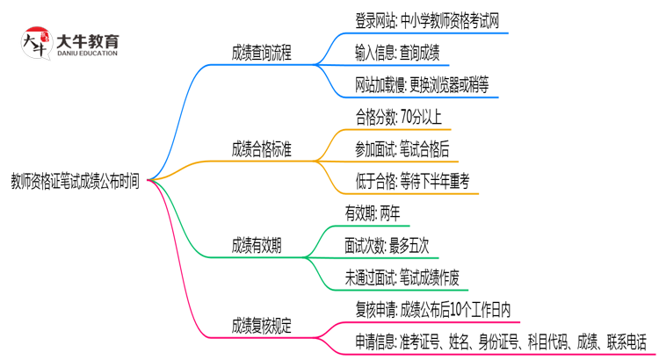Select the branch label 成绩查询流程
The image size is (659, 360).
[x=261, y=54]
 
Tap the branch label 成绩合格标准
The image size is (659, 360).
[x=261, y=149]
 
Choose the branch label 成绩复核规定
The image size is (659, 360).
[x=261, y=324]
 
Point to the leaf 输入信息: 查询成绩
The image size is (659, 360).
[x=396, y=54]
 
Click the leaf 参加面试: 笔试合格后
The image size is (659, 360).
[x=402, y=149]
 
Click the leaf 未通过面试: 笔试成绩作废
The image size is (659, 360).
[x=402, y=277]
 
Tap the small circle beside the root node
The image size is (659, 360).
[x=149, y=181]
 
